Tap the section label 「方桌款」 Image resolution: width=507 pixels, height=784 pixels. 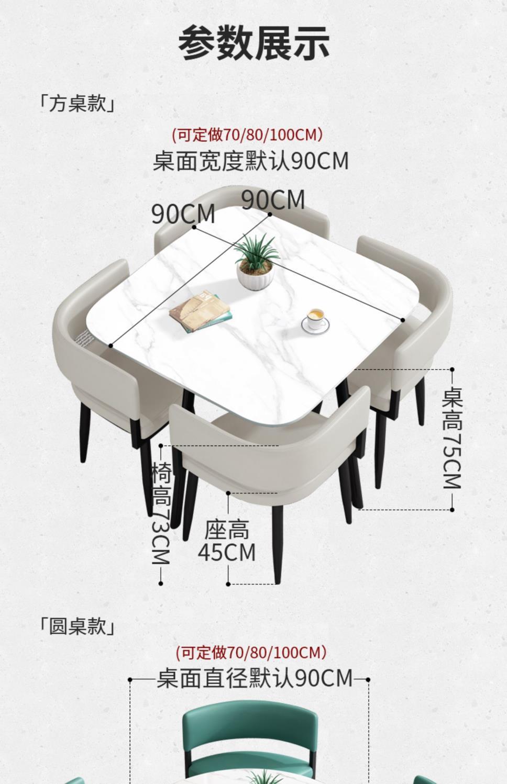click(x=77, y=103)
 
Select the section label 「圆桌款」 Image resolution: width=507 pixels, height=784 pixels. click(x=77, y=625)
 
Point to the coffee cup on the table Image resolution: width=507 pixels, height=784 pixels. click(x=315, y=320)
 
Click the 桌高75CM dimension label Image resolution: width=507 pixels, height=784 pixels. click(x=452, y=439)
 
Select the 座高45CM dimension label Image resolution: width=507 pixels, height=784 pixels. click(x=227, y=541)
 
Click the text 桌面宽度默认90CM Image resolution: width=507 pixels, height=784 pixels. click(x=250, y=161)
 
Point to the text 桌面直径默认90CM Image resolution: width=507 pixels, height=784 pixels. click(x=255, y=678)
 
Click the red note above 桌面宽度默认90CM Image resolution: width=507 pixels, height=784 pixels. click(x=247, y=135)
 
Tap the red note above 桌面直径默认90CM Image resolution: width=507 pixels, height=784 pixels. click(x=250, y=652)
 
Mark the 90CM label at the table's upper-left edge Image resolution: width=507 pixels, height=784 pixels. click(x=183, y=214)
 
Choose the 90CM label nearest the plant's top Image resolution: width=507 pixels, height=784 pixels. click(x=273, y=200)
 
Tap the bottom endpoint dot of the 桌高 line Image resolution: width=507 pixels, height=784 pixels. click(x=452, y=509)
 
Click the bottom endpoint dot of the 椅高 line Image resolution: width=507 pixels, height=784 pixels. click(x=161, y=583)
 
